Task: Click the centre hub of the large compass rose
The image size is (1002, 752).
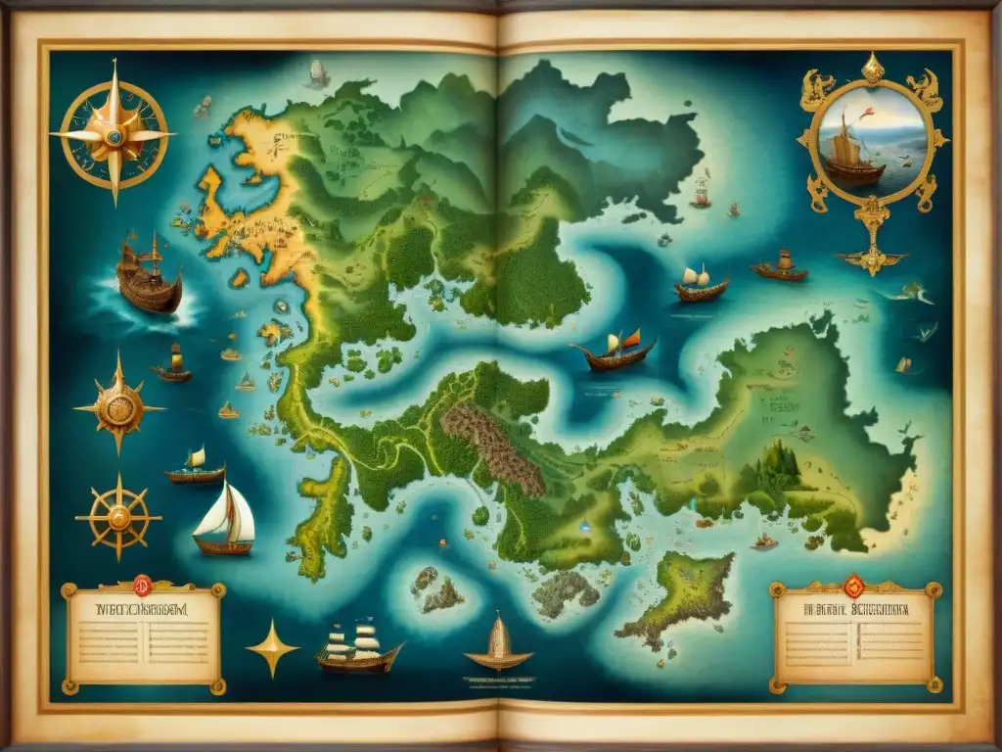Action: tap(114, 134)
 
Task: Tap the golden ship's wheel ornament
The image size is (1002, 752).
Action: tap(118, 515)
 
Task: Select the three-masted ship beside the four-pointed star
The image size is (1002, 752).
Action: tap(359, 648)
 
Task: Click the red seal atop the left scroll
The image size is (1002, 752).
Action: tap(142, 586)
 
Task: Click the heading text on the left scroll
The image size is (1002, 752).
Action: tap(143, 607)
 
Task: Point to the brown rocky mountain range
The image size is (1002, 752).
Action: tap(492, 446)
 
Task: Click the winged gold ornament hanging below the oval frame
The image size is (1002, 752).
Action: tap(871, 257)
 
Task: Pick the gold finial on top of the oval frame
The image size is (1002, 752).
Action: tap(872, 69)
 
